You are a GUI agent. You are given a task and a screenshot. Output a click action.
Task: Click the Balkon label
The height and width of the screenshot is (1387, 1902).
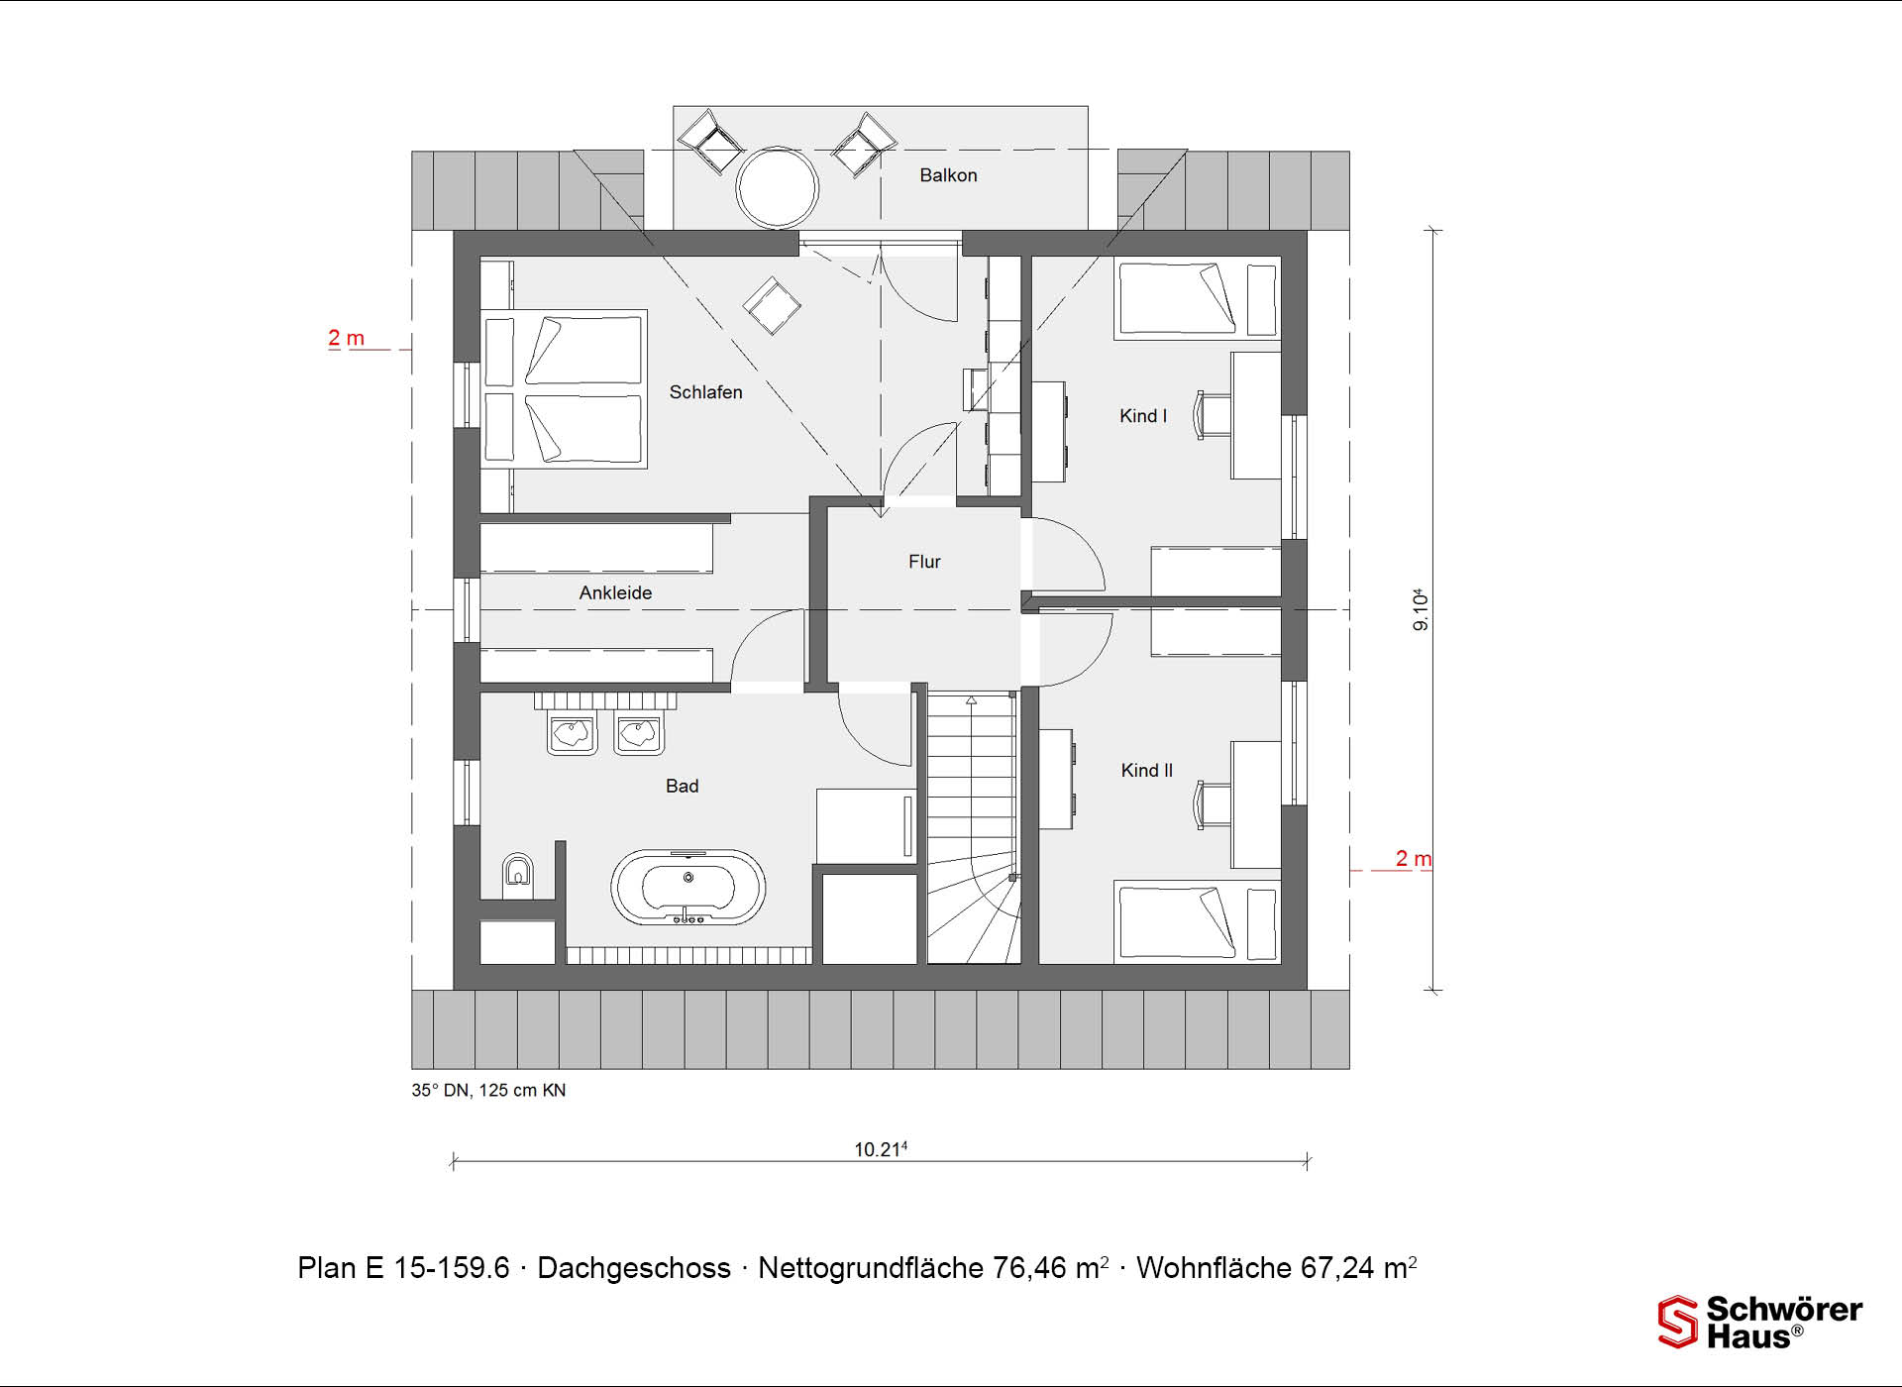pos(948,175)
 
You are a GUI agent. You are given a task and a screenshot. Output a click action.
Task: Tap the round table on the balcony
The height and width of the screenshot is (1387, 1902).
pos(778,187)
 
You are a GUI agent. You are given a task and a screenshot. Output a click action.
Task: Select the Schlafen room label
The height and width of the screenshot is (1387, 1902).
pos(705,392)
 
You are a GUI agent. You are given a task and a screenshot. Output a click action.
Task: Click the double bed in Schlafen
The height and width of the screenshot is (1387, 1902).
pos(564,388)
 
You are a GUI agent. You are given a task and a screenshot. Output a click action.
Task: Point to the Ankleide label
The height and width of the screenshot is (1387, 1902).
pos(615,592)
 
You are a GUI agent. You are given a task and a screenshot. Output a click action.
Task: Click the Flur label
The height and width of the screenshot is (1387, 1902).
pos(924,562)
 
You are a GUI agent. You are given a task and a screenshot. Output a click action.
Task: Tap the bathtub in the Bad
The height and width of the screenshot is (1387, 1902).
pos(688,887)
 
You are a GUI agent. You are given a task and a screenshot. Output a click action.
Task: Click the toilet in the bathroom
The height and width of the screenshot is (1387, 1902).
pos(517,871)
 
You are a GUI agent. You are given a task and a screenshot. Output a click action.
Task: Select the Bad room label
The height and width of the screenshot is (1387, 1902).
pos(682,786)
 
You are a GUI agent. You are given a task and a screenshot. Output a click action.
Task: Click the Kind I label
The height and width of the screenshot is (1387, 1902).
pos(1143,416)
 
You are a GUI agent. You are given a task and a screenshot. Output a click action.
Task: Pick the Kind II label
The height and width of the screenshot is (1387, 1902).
pos(1147,770)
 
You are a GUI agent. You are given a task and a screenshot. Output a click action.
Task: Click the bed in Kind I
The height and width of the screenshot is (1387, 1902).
pos(1197,299)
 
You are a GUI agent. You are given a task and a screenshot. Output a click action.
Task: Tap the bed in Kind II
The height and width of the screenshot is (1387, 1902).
pos(1197,922)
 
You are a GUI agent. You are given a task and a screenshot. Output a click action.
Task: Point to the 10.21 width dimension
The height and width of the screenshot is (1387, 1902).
pos(881,1149)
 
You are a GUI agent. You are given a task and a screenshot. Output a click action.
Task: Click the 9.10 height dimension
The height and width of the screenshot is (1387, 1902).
pos(1421,609)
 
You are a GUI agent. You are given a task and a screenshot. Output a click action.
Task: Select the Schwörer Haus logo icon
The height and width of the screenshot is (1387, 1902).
pos(1678,1322)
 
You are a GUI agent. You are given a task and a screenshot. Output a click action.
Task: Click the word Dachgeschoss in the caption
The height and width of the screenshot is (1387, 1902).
pos(634,1268)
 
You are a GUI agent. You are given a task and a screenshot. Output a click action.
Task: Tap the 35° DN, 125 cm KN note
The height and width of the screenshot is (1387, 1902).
pos(488,1090)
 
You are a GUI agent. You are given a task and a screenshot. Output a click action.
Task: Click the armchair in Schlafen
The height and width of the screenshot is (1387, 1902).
pos(773,305)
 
